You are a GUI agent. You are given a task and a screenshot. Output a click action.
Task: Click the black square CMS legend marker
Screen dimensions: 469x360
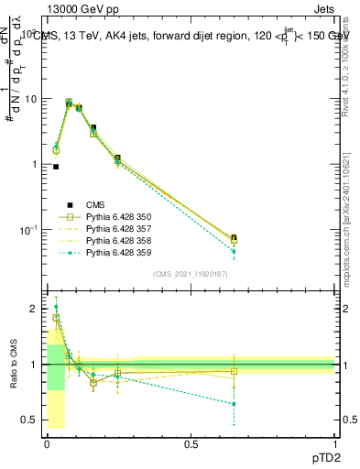coord(67,204)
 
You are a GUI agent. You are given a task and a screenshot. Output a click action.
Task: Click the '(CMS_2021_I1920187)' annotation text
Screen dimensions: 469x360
coord(191,274)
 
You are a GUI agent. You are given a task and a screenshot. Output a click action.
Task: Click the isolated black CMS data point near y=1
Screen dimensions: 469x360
coord(56,167)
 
